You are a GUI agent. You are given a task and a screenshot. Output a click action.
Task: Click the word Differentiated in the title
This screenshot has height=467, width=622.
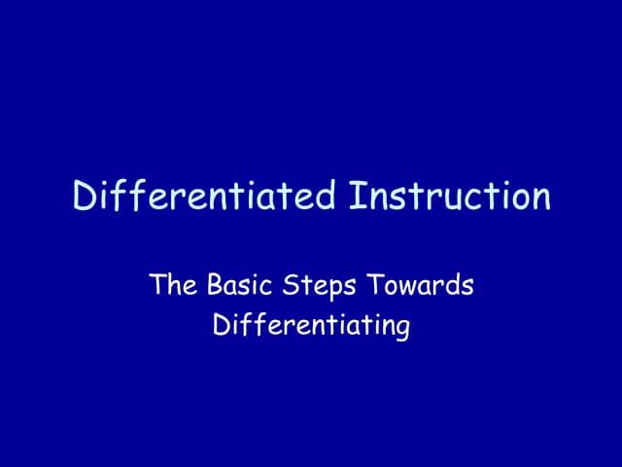pyautogui.click(x=205, y=197)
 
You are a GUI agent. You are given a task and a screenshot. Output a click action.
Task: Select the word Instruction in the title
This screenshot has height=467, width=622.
pyautogui.click(x=449, y=197)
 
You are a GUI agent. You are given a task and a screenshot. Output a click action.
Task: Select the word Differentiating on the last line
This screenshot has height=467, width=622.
pyautogui.click(x=311, y=326)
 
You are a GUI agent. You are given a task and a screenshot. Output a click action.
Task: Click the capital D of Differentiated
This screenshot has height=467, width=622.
pyautogui.click(x=85, y=197)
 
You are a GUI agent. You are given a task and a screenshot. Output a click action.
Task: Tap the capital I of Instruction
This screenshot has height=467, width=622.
pyautogui.click(x=354, y=197)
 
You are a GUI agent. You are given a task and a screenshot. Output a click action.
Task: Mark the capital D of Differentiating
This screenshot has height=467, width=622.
pyautogui.click(x=221, y=325)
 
